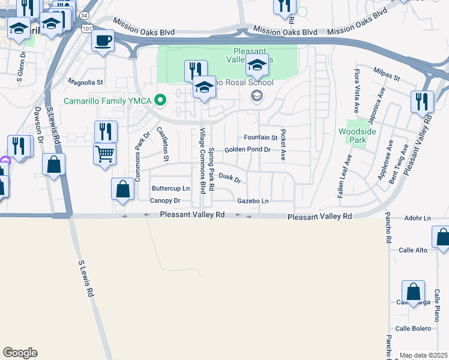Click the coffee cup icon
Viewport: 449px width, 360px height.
103,41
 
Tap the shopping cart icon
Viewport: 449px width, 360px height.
104,154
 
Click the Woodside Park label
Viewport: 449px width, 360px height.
352,135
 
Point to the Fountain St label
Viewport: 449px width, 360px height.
261,137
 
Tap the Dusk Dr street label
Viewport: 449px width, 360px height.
229,178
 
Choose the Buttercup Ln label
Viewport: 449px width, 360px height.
170,188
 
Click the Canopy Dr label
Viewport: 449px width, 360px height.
165,200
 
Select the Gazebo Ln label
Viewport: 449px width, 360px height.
253,200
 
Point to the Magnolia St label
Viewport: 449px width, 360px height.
86,82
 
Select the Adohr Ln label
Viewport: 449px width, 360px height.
418,218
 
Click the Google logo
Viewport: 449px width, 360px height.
20,353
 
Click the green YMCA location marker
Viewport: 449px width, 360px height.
160,100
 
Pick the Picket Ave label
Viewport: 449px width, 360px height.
283,144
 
